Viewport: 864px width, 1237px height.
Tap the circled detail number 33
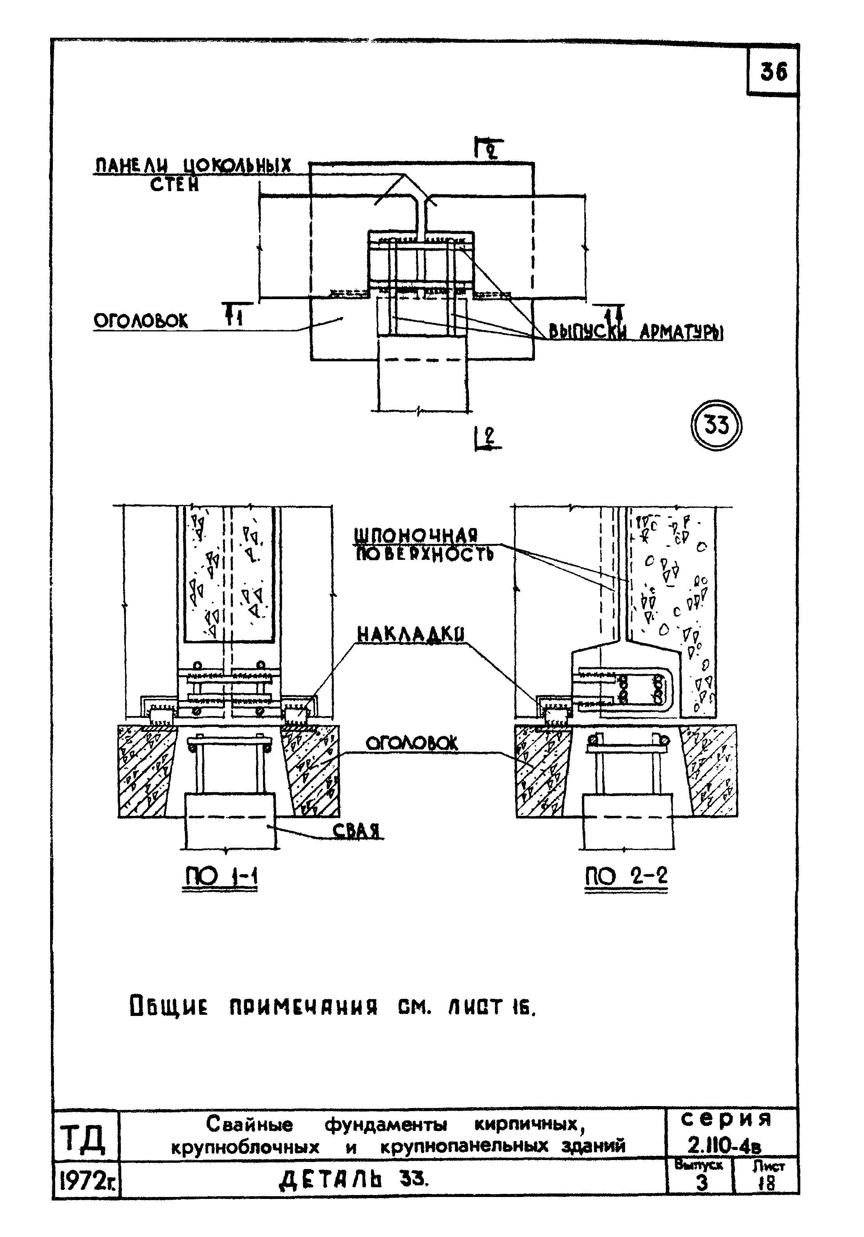point(716,426)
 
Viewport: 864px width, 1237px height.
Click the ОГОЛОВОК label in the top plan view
point(141,321)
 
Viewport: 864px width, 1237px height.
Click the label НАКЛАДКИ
point(411,635)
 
